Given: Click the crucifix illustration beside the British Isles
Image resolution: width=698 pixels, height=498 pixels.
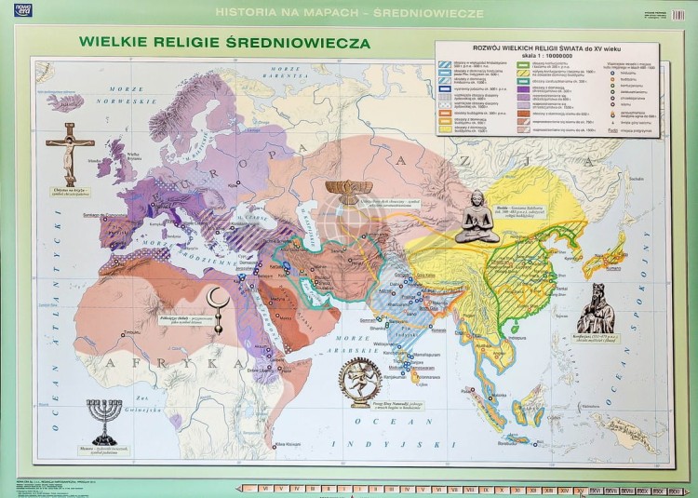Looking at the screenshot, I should [71, 148].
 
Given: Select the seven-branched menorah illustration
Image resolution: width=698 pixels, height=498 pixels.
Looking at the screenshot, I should [104, 420].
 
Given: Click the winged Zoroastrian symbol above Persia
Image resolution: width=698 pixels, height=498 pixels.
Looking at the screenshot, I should [349, 190].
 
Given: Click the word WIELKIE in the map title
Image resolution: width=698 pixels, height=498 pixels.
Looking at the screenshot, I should [114, 43].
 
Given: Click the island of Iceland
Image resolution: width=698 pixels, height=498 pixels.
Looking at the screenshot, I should [65, 101].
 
